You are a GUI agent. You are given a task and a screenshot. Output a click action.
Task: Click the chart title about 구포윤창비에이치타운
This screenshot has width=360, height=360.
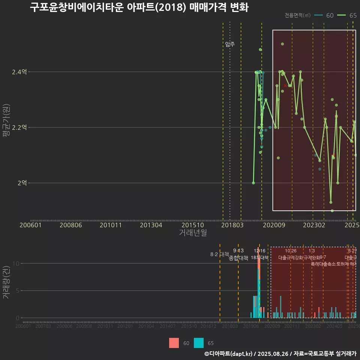(139, 7)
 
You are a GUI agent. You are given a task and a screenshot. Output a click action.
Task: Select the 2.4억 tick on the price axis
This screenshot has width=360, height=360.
(19, 72)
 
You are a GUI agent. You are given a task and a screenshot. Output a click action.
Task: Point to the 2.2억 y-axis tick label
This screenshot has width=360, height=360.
(19, 127)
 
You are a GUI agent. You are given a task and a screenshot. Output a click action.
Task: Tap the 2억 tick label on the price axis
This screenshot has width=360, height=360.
(22, 183)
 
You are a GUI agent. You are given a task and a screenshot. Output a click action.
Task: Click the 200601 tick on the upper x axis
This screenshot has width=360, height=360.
(30, 225)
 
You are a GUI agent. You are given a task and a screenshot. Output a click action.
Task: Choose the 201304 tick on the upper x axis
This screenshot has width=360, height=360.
(151, 225)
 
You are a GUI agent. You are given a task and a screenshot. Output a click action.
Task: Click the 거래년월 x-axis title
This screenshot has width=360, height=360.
(193, 232)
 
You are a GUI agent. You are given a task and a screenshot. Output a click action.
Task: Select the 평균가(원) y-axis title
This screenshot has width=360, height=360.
(6, 127)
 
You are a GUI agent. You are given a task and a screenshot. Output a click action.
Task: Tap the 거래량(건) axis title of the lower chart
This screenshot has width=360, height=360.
(6, 282)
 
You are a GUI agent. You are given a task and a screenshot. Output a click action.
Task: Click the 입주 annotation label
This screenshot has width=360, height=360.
(230, 44)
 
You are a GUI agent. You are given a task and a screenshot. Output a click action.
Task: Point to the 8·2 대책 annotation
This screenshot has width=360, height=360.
(219, 255)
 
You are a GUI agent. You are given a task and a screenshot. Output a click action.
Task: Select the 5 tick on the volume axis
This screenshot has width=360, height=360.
(16, 291)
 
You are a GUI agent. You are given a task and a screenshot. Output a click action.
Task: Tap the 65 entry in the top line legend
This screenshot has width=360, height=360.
(348, 15)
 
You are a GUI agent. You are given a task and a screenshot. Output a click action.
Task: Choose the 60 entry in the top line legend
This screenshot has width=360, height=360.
(325, 15)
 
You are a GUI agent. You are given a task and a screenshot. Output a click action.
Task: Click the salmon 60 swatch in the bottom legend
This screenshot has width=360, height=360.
(174, 343)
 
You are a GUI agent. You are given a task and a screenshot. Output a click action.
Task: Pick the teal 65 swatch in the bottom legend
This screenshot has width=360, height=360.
(199, 343)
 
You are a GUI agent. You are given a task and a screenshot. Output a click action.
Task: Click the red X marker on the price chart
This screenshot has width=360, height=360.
(285, 85)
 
